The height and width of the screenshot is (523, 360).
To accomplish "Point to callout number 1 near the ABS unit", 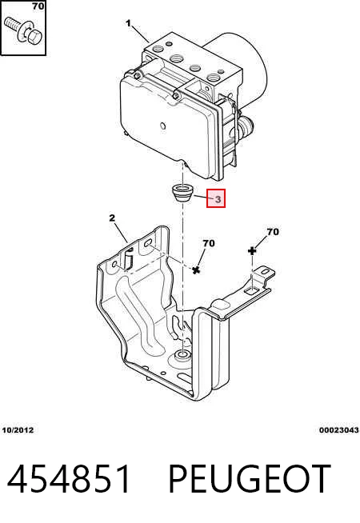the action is (129, 23).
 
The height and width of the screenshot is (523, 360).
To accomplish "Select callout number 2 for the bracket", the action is (112, 218).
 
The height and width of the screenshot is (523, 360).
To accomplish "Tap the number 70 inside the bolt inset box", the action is (38, 6).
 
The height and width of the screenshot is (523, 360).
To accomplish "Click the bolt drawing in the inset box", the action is (22, 30).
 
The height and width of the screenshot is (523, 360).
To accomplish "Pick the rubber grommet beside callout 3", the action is (182, 194).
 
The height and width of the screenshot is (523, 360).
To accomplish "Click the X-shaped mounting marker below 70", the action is (196, 269).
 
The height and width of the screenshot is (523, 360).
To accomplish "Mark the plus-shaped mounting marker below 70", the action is (252, 251).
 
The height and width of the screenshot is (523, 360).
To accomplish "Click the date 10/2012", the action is (18, 430).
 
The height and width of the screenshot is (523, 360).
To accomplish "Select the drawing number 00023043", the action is (338, 430).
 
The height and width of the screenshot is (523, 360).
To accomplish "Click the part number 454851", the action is (69, 479).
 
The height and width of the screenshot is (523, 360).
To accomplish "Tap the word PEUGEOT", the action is (250, 479).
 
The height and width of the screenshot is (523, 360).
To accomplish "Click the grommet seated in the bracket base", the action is (182, 357).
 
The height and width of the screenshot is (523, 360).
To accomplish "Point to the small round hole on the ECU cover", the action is (163, 126).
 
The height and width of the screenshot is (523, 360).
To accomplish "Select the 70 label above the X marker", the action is (209, 243).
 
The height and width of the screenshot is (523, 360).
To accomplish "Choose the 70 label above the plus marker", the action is (273, 231).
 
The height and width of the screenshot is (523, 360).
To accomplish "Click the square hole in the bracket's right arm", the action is (250, 290).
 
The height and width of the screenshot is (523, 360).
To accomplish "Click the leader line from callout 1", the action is (141, 34).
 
